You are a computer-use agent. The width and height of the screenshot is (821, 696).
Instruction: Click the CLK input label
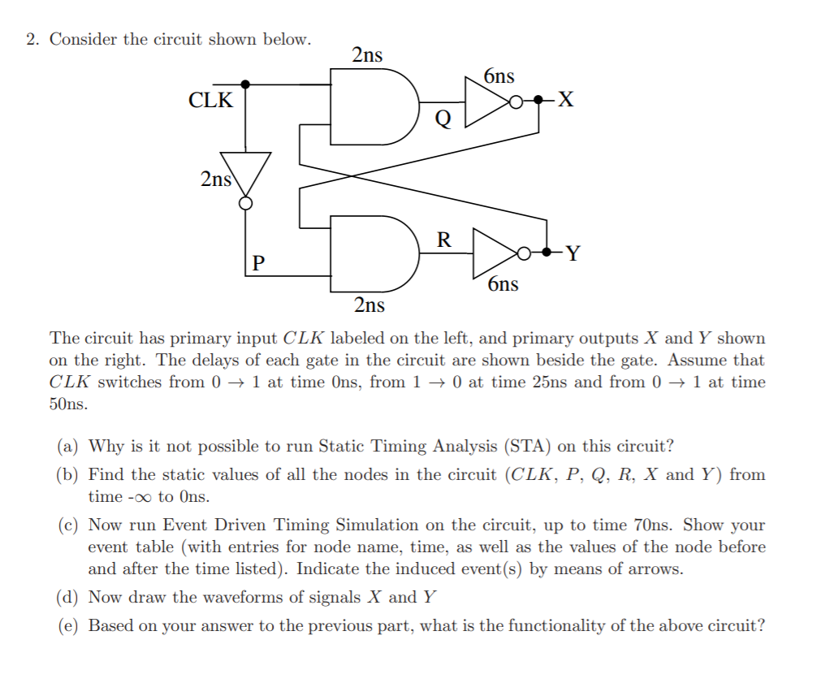tap(210, 101)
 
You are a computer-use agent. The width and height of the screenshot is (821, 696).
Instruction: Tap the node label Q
tap(443, 120)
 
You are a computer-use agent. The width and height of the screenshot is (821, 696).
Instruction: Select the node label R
tap(443, 240)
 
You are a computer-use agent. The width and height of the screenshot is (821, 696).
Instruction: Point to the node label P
tap(258, 263)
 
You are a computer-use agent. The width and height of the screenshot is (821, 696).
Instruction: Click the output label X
tap(566, 101)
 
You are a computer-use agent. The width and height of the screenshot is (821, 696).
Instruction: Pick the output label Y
tap(573, 254)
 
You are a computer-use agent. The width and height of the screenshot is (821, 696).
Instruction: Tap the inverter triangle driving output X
tap(485, 102)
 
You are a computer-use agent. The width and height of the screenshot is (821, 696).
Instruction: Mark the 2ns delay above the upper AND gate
tap(367, 55)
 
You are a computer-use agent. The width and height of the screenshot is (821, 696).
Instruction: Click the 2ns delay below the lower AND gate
tap(369, 305)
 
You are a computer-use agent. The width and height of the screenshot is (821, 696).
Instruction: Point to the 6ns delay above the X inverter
tap(499, 76)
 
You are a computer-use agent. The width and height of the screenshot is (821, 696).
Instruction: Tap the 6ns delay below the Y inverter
tap(503, 284)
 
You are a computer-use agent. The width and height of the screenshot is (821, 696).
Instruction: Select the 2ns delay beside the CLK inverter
tap(216, 179)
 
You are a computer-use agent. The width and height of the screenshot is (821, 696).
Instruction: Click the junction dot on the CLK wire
tap(245, 84)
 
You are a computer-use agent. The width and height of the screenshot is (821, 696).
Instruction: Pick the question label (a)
tap(69, 446)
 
